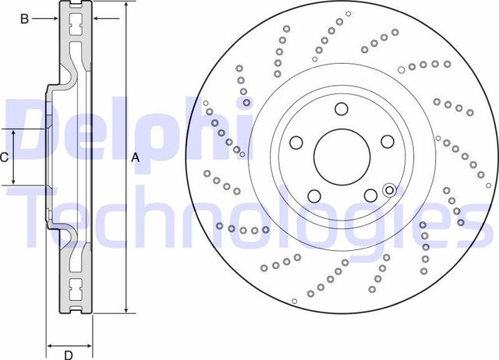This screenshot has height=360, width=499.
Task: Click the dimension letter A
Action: click(x=135, y=157)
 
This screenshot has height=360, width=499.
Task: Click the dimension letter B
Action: click(x=24, y=18)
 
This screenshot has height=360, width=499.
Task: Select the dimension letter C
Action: click(x=4, y=157)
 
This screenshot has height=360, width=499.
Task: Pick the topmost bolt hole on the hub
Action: click(x=342, y=109)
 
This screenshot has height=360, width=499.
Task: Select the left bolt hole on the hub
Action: click(x=296, y=143)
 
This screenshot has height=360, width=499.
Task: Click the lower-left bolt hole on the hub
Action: click(x=314, y=196)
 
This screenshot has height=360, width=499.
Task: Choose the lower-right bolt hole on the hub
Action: click(x=370, y=196)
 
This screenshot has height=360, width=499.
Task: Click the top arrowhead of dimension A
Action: click(x=126, y=5)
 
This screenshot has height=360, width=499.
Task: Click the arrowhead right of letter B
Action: click(x=55, y=18)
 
